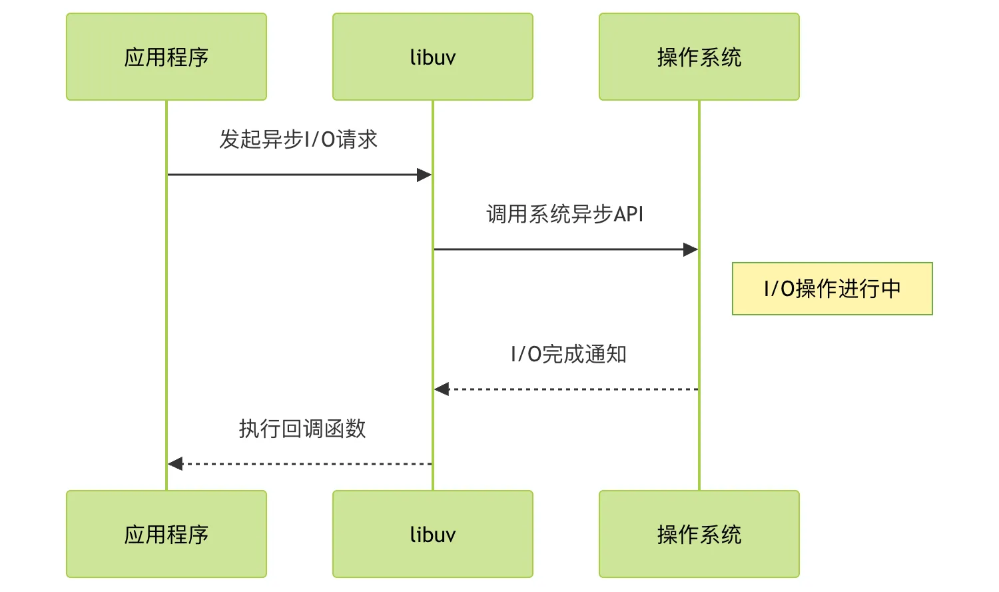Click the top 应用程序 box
[x=166, y=57]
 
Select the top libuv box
[x=433, y=57]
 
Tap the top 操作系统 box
[x=699, y=57]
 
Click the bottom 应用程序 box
[x=166, y=534]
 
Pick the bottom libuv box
[x=433, y=534]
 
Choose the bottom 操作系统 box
[x=699, y=534]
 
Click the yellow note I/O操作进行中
[x=832, y=289]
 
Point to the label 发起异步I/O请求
[x=298, y=139]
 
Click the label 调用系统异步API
[x=565, y=214]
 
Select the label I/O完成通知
[x=568, y=354]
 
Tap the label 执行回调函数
[x=302, y=429]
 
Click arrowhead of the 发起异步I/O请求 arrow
[x=425, y=175]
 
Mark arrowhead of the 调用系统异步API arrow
[x=691, y=249]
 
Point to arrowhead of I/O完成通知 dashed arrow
[x=442, y=389]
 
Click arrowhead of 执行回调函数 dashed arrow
[x=175, y=464]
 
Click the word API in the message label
[x=628, y=214]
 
